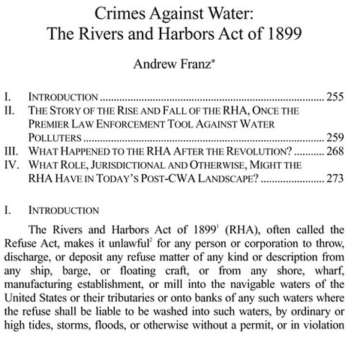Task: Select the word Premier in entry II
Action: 53,124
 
